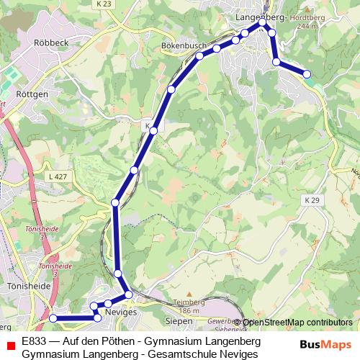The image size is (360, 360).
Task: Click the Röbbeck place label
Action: (x=50, y=42)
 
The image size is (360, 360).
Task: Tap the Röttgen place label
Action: (x=32, y=94)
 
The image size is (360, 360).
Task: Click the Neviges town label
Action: (x=120, y=312)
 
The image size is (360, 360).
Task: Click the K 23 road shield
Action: (x=104, y=4)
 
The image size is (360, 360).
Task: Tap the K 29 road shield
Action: (x=312, y=199)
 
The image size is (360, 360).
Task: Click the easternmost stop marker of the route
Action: (x=307, y=74)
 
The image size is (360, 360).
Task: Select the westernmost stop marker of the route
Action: (x=53, y=318)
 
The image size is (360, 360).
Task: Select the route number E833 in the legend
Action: (x=35, y=340)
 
